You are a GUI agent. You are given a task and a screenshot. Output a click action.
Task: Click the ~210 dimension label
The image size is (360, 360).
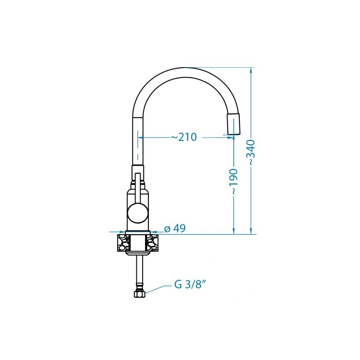(184, 137)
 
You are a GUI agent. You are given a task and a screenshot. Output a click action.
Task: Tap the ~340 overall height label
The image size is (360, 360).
(251, 153)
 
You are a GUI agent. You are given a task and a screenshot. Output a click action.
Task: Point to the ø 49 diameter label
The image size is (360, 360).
(175, 229)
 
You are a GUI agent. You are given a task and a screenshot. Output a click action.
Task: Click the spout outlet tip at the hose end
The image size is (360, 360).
(234, 124)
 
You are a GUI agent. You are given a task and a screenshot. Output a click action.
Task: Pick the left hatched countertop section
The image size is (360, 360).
(123, 243)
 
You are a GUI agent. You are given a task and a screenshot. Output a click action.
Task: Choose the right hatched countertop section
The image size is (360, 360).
(153, 243)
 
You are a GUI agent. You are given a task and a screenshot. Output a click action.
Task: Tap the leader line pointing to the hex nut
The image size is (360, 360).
(158, 289)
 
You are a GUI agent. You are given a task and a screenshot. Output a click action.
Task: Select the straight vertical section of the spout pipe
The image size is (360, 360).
(138, 141)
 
